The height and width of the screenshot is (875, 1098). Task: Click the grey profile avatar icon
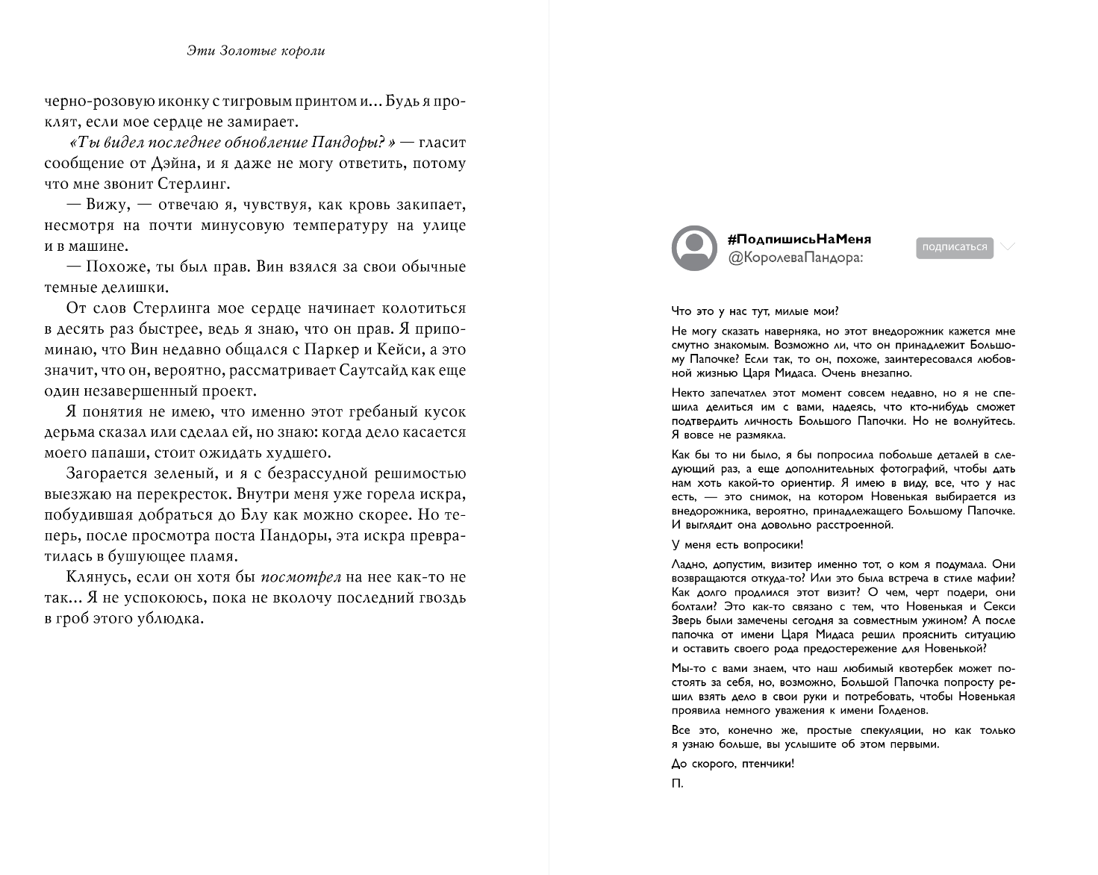click(694, 248)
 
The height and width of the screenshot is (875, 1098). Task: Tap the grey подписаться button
click(954, 247)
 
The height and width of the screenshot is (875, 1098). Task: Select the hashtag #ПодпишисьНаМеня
click(799, 239)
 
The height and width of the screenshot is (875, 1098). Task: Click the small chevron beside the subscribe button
click(1007, 246)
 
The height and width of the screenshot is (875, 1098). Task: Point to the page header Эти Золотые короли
click(255, 51)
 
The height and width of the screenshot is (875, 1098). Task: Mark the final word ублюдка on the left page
click(172, 618)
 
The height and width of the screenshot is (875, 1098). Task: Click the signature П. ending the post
click(677, 784)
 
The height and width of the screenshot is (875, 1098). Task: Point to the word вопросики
click(771, 545)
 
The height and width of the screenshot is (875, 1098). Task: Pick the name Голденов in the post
click(900, 710)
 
